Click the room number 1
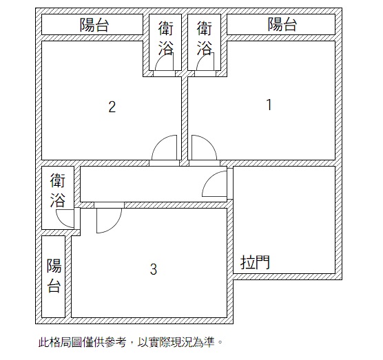(x=269, y=105)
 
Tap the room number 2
(x=112, y=107)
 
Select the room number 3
(x=154, y=269)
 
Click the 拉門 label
(x=255, y=262)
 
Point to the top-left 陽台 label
(x=94, y=24)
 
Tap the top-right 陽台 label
(x=282, y=24)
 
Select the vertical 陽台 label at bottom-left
(x=54, y=276)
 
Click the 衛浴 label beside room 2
(x=165, y=38)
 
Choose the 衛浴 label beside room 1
(x=204, y=38)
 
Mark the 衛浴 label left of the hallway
(x=58, y=191)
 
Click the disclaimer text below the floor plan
(x=130, y=342)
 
